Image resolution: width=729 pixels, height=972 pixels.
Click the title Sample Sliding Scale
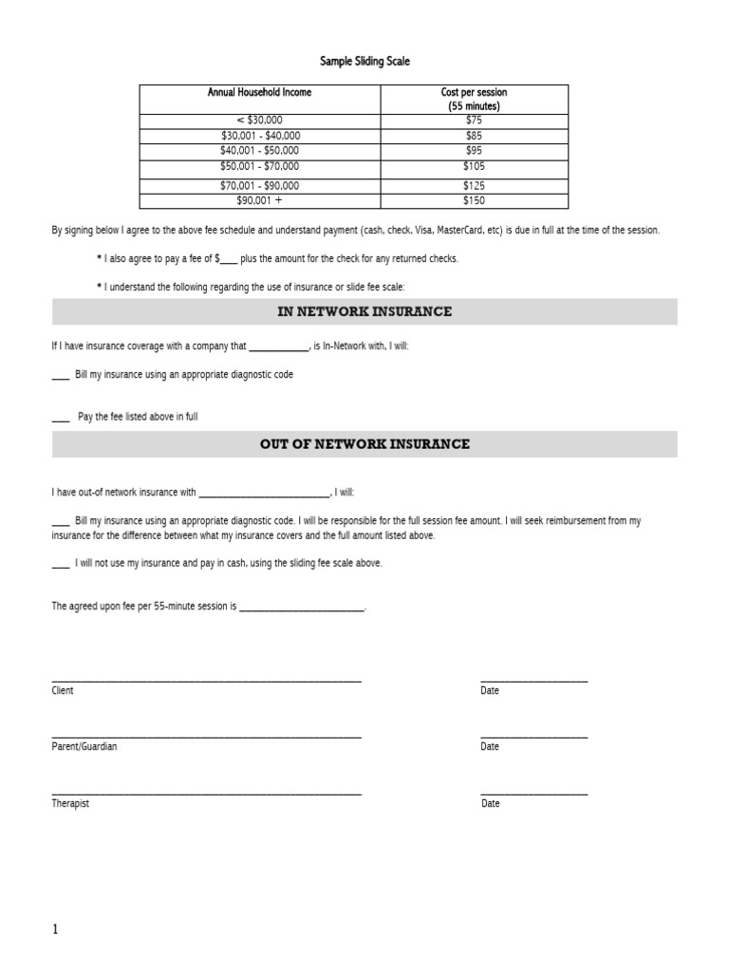click(364, 62)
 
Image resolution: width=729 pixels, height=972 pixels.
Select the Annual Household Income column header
click(259, 92)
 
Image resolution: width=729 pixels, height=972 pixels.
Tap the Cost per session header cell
click(474, 99)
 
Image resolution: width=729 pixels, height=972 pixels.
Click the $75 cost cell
click(474, 121)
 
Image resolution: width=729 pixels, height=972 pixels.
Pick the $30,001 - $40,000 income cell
click(259, 136)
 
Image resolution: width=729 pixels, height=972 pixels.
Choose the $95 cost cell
click(474, 151)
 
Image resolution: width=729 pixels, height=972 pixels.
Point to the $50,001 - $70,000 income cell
click(259, 166)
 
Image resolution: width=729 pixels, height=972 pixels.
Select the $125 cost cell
click(474, 186)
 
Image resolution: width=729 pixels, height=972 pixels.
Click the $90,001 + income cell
click(259, 201)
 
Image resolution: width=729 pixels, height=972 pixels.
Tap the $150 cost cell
click(474, 201)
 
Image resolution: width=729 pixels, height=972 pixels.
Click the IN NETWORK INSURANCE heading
click(364, 311)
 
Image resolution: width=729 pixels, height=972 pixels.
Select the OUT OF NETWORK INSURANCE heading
click(364, 444)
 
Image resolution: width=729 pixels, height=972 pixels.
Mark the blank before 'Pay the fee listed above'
click(61, 418)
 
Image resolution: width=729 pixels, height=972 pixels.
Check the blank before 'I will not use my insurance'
click(60, 564)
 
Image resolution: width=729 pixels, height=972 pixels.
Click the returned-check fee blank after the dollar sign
click(229, 259)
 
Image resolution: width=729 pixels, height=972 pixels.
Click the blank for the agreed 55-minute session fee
click(301, 607)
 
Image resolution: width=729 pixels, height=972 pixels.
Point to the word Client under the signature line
click(63, 691)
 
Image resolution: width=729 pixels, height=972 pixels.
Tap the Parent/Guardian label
click(84, 747)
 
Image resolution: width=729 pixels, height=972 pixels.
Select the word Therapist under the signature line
click(70, 804)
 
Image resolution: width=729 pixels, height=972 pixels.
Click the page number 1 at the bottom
click(55, 929)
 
